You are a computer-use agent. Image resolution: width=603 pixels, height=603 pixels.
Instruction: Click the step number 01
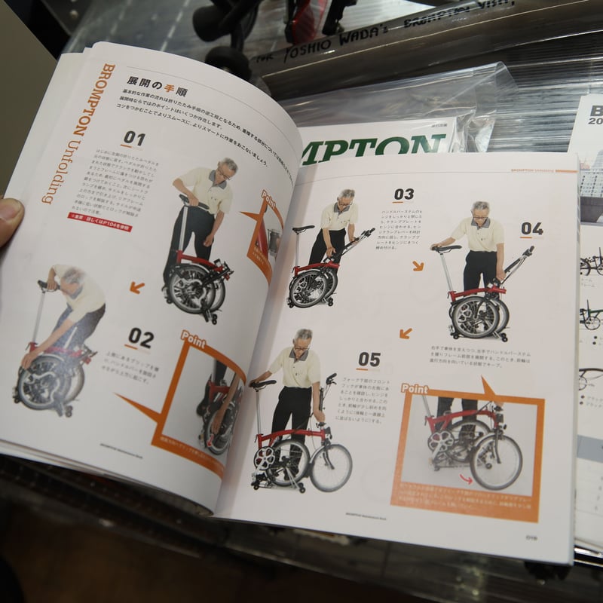point(133,138)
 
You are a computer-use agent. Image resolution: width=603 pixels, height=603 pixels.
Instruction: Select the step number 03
point(404,194)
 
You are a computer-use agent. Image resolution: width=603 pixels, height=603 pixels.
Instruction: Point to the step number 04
point(531,228)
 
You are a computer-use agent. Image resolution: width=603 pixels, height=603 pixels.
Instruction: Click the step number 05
point(369,360)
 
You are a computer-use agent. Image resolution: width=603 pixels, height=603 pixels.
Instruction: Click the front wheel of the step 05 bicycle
point(330,467)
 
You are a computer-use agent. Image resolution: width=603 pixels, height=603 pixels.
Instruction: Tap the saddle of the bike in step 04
point(446,247)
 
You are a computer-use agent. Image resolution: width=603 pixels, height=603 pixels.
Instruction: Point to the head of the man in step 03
point(345,197)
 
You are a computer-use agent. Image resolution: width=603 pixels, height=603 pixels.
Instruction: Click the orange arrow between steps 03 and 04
point(418,265)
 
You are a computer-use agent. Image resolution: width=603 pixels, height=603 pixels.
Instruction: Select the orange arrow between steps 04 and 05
point(406,332)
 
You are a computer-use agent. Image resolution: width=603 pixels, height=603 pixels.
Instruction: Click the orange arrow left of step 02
point(136,287)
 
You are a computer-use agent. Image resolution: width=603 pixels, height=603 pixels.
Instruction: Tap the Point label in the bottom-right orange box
point(415,388)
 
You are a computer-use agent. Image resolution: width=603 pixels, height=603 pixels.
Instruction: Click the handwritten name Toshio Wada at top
point(344,44)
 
